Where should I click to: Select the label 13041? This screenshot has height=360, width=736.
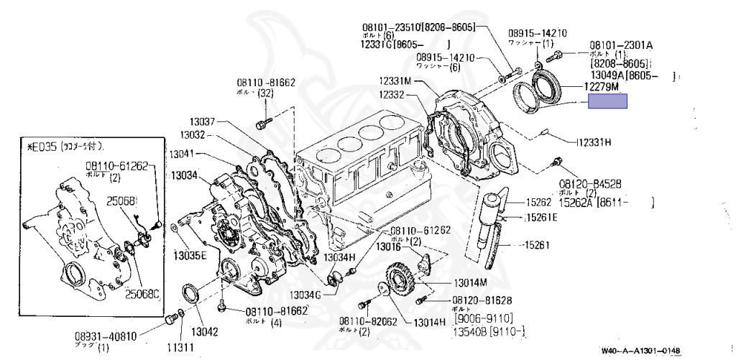[181, 154]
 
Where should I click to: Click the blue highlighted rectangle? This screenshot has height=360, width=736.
[607, 102]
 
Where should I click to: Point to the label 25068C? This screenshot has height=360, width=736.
[142, 292]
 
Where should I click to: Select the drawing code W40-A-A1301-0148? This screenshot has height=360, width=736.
[640, 351]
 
